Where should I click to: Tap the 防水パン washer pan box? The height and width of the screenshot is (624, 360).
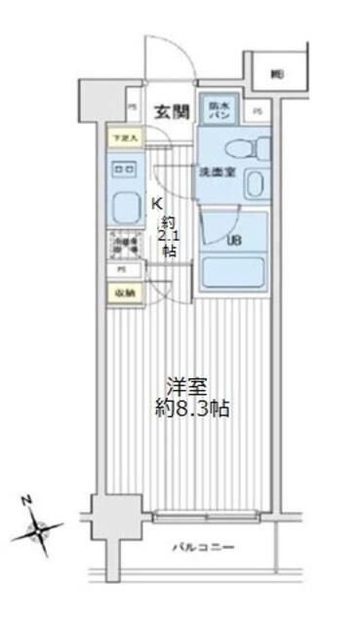(x=216, y=111)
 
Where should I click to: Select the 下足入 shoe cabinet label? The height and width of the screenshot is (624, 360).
(x=124, y=138)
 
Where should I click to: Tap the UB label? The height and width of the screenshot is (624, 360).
(x=234, y=240)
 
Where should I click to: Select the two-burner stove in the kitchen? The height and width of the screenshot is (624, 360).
(x=125, y=171)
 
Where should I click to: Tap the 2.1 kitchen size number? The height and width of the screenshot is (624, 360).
(x=171, y=235)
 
